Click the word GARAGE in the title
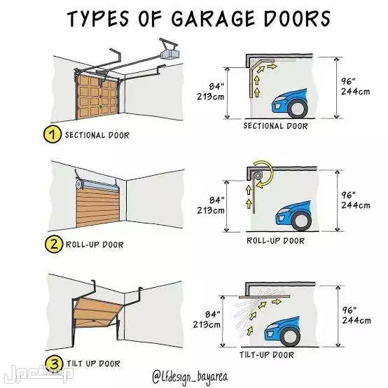coord(214,18)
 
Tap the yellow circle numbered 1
coord(53,134)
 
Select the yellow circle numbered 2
coord(54,244)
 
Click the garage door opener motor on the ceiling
coord(169,53)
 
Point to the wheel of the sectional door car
coord(298,109)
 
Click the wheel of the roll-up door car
coord(301,221)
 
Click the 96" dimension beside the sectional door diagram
coord(348,81)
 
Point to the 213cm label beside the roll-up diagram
coord(211,210)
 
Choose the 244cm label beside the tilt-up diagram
coord(356,321)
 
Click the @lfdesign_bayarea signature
coord(190,377)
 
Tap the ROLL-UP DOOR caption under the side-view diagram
coord(275,240)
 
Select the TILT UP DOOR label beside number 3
coord(93,363)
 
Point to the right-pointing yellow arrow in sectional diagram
coord(272,66)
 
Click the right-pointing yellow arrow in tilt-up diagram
coord(277,302)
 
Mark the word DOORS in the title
coord(297,18)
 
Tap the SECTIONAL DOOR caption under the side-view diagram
coord(275,126)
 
